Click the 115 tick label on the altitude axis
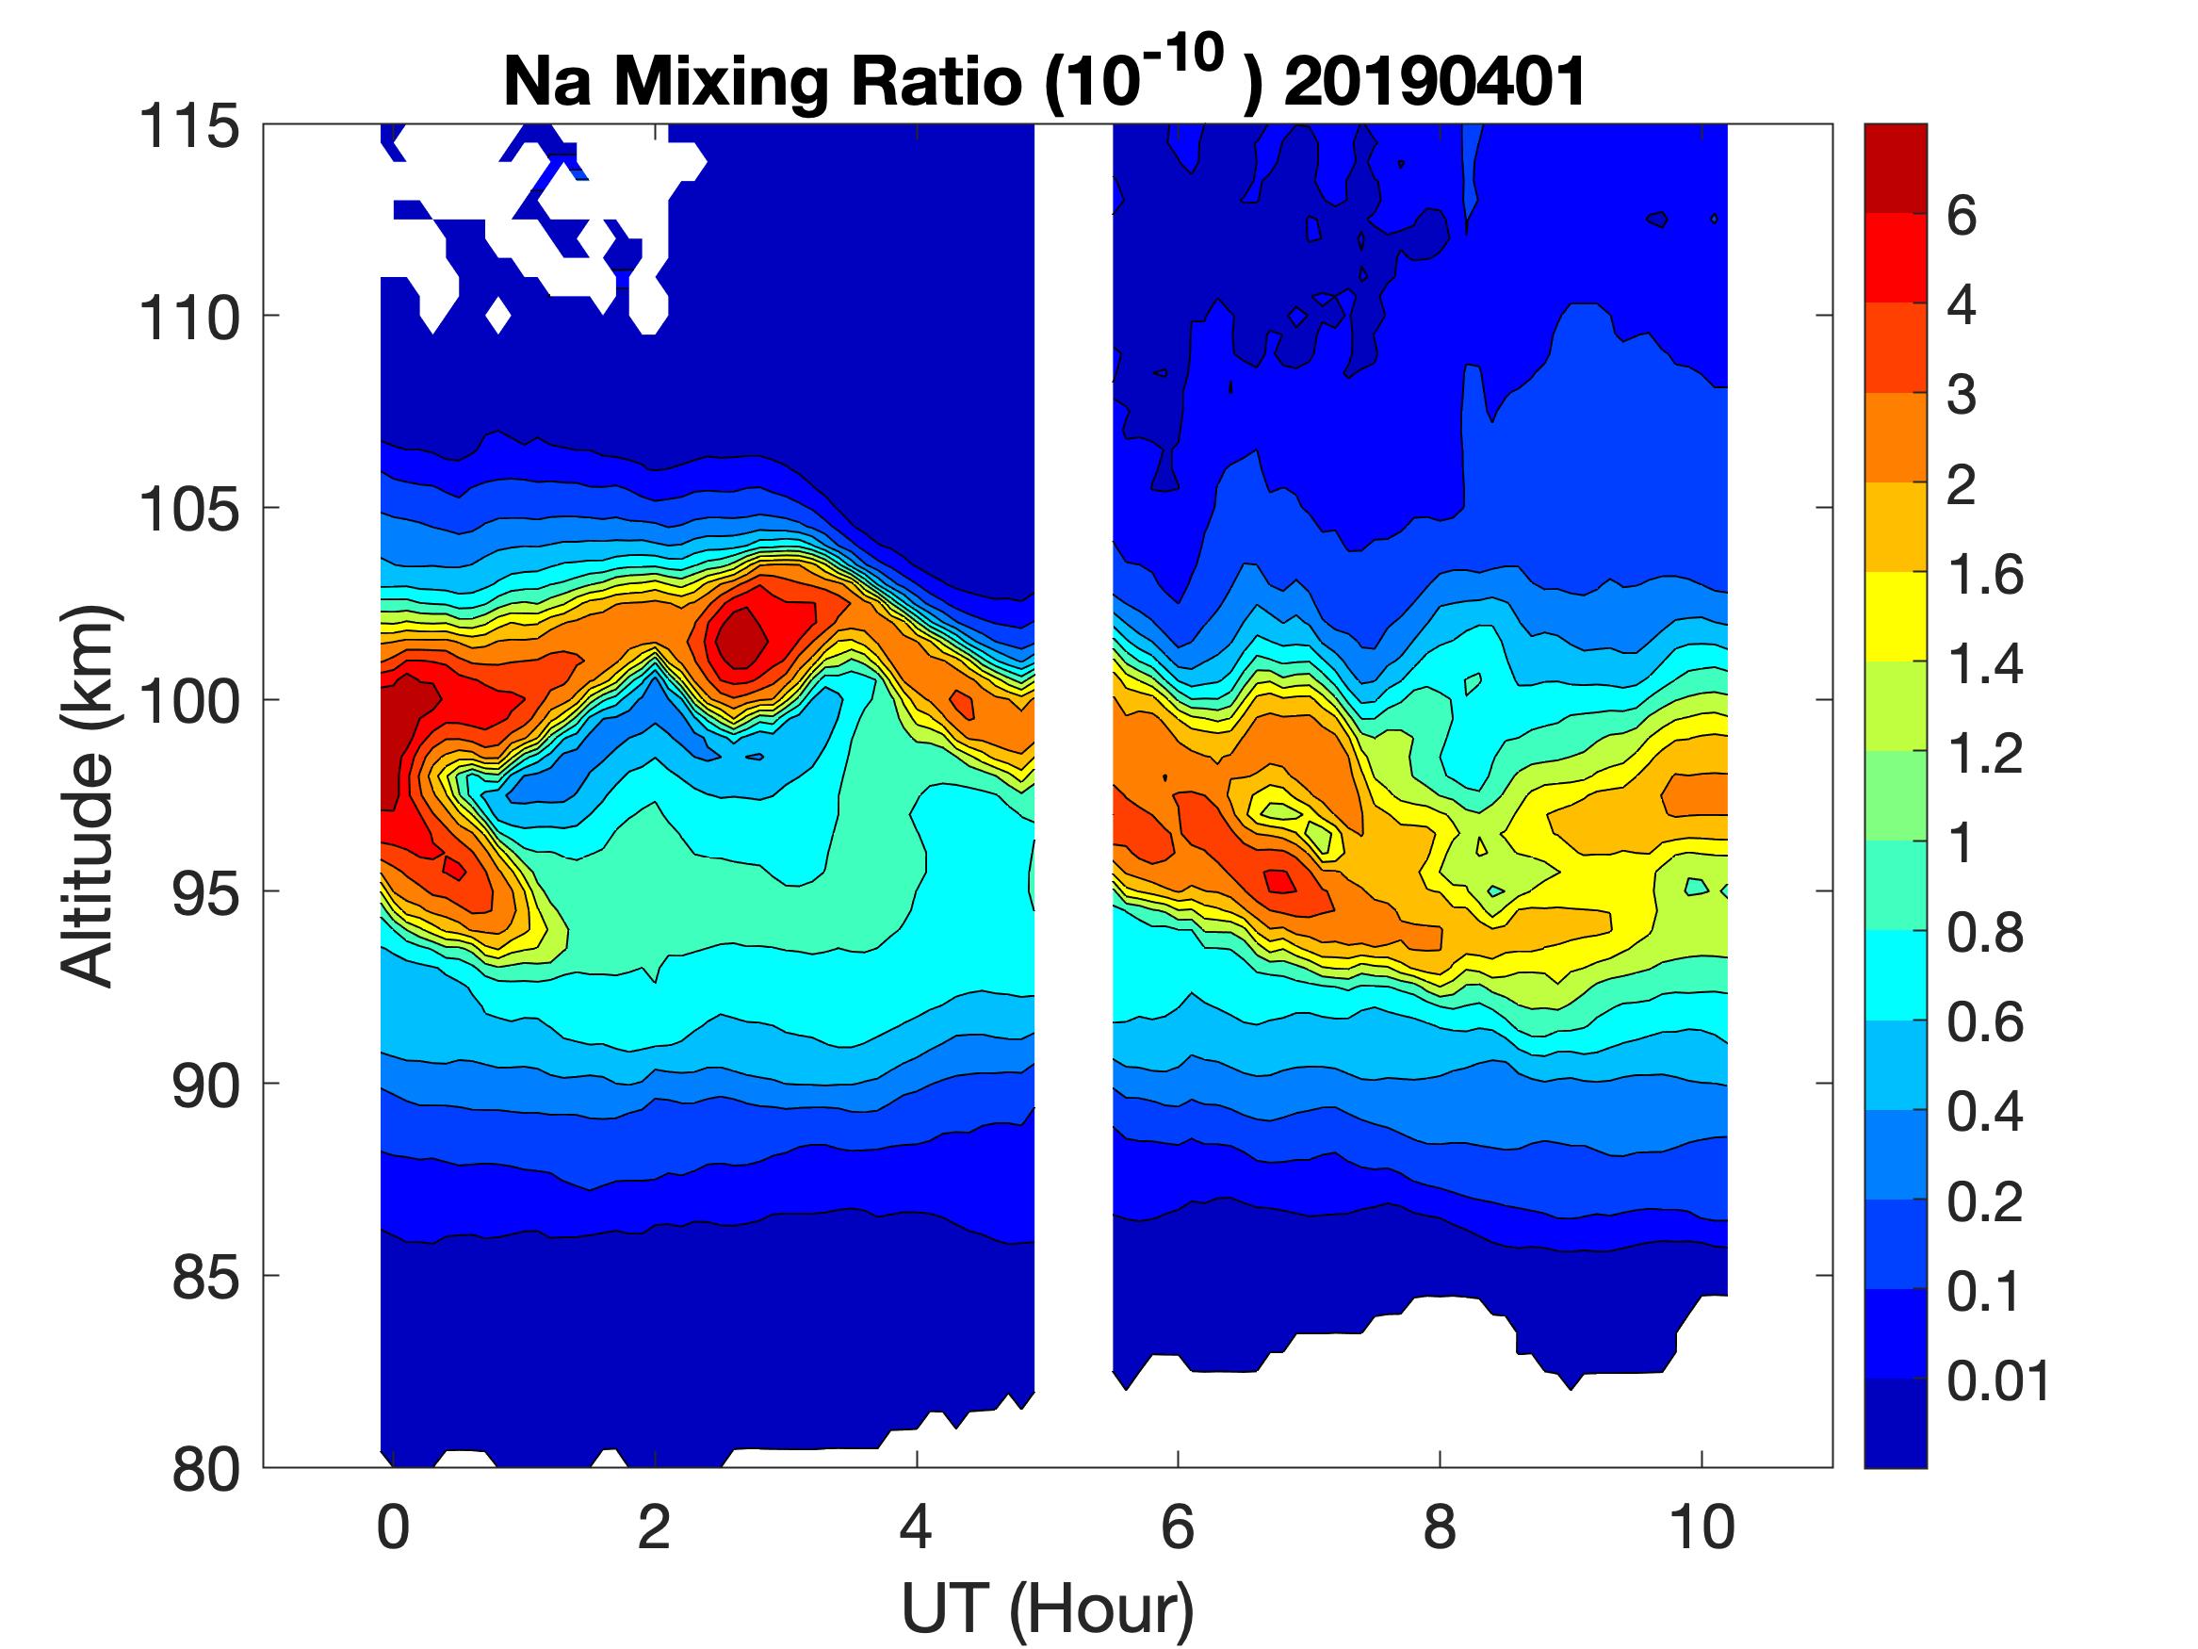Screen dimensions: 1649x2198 click(188, 127)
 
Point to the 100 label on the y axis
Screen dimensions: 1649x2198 click(188, 702)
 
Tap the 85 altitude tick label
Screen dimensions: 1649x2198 click(205, 1277)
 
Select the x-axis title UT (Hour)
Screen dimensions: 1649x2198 click(1048, 1608)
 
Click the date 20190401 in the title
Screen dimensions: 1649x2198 click(1434, 81)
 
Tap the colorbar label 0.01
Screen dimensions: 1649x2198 click(1997, 1381)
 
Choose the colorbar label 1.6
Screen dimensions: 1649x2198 click(1984, 575)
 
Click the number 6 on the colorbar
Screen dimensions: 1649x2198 click(1962, 216)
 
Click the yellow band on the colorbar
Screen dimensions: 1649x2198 click(1895, 616)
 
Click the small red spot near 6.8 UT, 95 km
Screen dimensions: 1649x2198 click(1278, 880)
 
